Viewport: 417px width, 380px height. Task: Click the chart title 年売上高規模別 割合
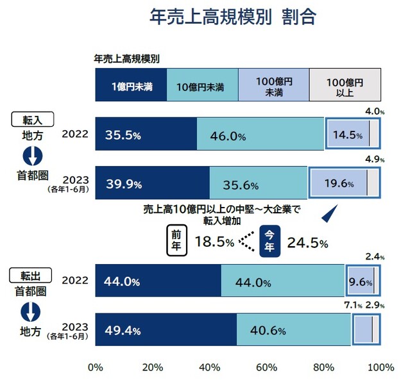click(233, 17)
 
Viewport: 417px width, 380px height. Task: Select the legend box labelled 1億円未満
click(131, 85)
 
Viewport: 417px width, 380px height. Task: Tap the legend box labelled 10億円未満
click(202, 85)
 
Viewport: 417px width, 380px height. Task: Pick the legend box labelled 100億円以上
click(345, 85)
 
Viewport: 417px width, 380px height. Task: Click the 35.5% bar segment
click(146, 134)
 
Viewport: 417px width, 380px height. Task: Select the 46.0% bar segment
click(260, 134)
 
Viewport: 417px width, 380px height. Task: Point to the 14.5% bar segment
click(348, 133)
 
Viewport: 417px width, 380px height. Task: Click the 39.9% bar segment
click(153, 183)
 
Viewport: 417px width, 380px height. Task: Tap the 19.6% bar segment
click(339, 183)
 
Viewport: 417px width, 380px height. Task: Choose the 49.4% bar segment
click(166, 329)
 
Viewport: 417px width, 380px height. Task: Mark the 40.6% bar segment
click(294, 329)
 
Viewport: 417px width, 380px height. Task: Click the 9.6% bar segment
click(361, 281)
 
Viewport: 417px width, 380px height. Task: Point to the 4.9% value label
click(375, 160)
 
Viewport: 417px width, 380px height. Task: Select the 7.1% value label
click(353, 305)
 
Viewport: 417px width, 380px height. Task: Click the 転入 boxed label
click(33, 119)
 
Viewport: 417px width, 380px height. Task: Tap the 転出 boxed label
click(30, 275)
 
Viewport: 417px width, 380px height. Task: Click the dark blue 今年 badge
click(269, 241)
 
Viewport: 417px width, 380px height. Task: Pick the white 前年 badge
click(176, 240)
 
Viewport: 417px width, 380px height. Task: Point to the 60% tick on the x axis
click(266, 368)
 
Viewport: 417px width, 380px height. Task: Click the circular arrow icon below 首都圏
click(31, 311)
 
